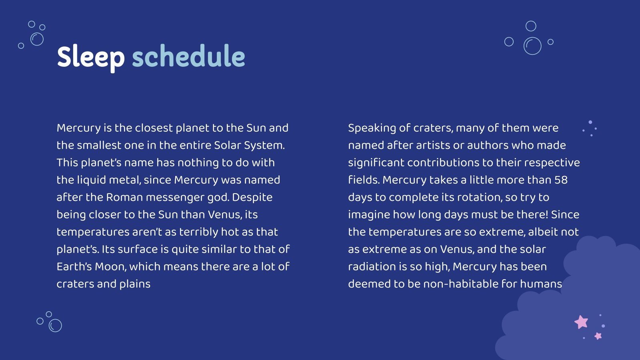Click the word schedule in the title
188,56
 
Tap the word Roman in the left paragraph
124,198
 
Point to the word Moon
110,267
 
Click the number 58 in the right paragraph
561,180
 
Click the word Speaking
372,128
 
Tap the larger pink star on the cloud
582,322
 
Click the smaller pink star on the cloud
598,336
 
